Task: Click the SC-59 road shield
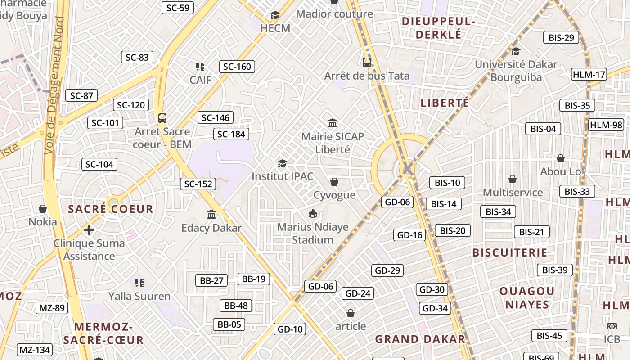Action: [178, 8]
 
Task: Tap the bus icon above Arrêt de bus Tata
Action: [367, 63]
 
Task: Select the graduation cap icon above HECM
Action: [275, 15]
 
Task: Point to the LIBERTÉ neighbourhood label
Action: [445, 103]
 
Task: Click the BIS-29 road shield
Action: [561, 38]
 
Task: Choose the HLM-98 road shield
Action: [606, 125]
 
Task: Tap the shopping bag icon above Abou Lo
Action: [561, 158]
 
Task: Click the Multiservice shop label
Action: [513, 193]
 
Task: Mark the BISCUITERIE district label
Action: [510, 252]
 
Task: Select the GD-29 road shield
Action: [387, 270]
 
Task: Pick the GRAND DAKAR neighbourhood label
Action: [420, 339]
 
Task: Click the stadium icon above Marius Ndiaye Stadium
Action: [312, 213]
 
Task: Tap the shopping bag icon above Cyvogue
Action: [334, 182]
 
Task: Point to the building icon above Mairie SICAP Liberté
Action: [333, 123]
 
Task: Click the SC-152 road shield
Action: [198, 184]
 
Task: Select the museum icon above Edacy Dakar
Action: [211, 214]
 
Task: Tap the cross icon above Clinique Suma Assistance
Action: [89, 230]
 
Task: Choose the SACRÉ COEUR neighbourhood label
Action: [111, 209]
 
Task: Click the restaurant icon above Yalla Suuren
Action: [139, 283]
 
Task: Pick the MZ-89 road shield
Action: [52, 308]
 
